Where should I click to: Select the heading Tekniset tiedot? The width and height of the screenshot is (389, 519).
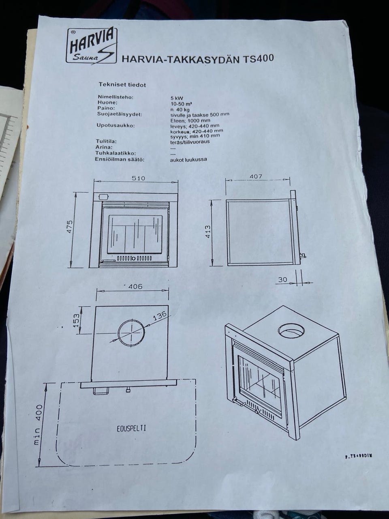tap(122, 85)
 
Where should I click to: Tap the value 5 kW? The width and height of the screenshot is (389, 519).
tap(177, 98)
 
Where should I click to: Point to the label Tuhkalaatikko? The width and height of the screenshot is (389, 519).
tap(115, 153)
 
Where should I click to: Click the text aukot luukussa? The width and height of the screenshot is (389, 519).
tap(188, 160)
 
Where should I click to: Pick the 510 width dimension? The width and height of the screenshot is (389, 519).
tap(138, 178)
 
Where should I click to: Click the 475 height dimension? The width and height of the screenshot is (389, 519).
tap(69, 227)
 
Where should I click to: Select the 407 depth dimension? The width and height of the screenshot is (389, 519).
tap(256, 176)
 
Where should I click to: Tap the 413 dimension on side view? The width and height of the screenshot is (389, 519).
tap(208, 232)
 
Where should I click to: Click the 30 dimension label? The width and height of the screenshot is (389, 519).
tap(282, 279)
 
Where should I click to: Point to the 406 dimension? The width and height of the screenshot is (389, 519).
tap(135, 287)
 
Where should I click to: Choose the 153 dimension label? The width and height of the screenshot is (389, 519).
tap(76, 320)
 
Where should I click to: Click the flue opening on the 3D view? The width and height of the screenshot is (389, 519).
tap(291, 330)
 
